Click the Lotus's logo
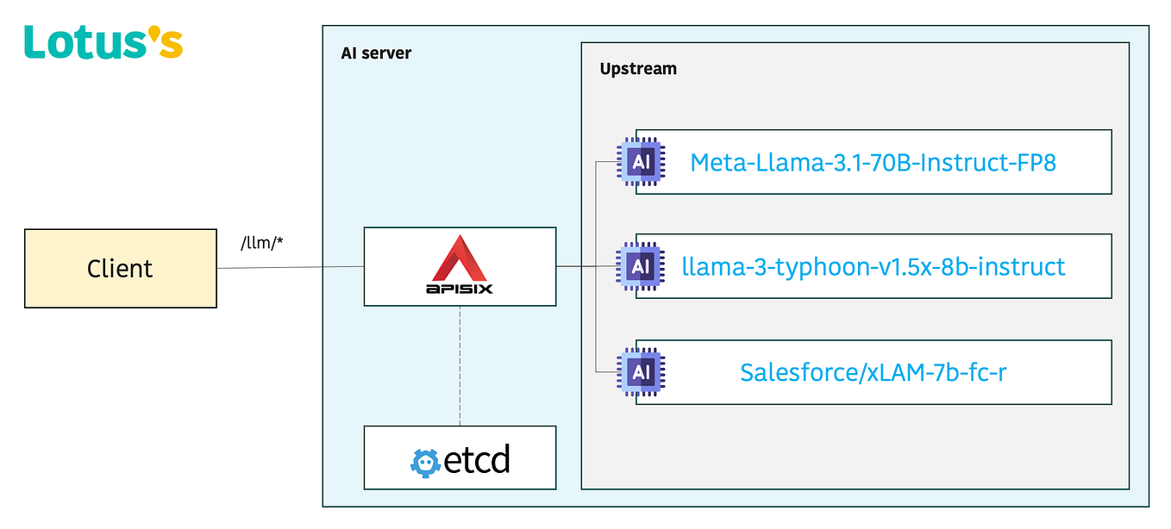[103, 41]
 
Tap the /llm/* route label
[262, 244]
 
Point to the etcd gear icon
[425, 461]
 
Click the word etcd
[476, 459]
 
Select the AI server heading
[376, 53]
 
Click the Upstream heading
[638, 69]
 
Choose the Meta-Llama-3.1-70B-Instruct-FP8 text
[873, 162]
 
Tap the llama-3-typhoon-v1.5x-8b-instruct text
[873, 266]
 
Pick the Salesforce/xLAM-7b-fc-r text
[873, 372]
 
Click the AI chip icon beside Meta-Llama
[641, 162]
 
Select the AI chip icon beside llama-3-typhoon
[641, 266]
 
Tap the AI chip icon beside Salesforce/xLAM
[641, 372]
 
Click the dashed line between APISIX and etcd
[460, 366]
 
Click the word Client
[120, 269]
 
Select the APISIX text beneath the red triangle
[460, 289]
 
